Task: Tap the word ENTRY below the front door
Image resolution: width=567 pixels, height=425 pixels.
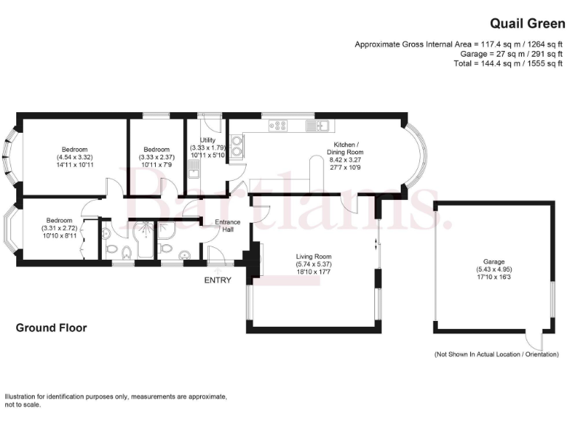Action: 219,280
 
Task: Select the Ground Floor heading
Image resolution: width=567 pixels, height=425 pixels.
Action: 51,328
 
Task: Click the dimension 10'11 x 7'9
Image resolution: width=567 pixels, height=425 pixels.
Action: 156,165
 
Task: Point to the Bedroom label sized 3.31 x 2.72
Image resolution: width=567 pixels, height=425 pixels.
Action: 59,220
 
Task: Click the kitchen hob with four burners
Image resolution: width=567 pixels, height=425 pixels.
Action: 279,125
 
